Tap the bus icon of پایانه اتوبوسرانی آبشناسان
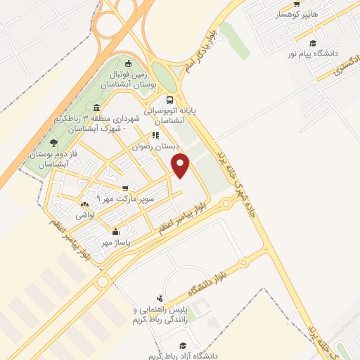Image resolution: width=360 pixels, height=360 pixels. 170,100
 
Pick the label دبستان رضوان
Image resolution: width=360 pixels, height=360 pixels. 157,146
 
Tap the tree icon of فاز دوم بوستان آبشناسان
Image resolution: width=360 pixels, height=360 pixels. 54,143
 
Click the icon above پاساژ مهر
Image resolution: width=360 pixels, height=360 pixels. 115,231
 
